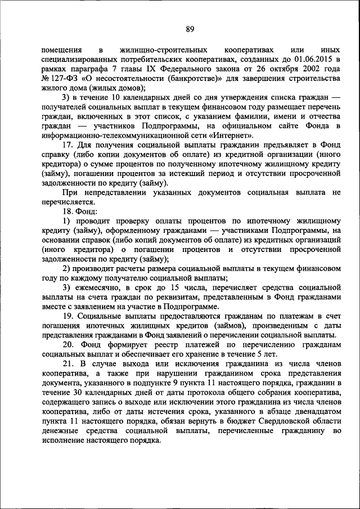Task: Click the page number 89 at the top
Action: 190,29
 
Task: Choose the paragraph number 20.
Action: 67,345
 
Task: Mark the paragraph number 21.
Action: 67,364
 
